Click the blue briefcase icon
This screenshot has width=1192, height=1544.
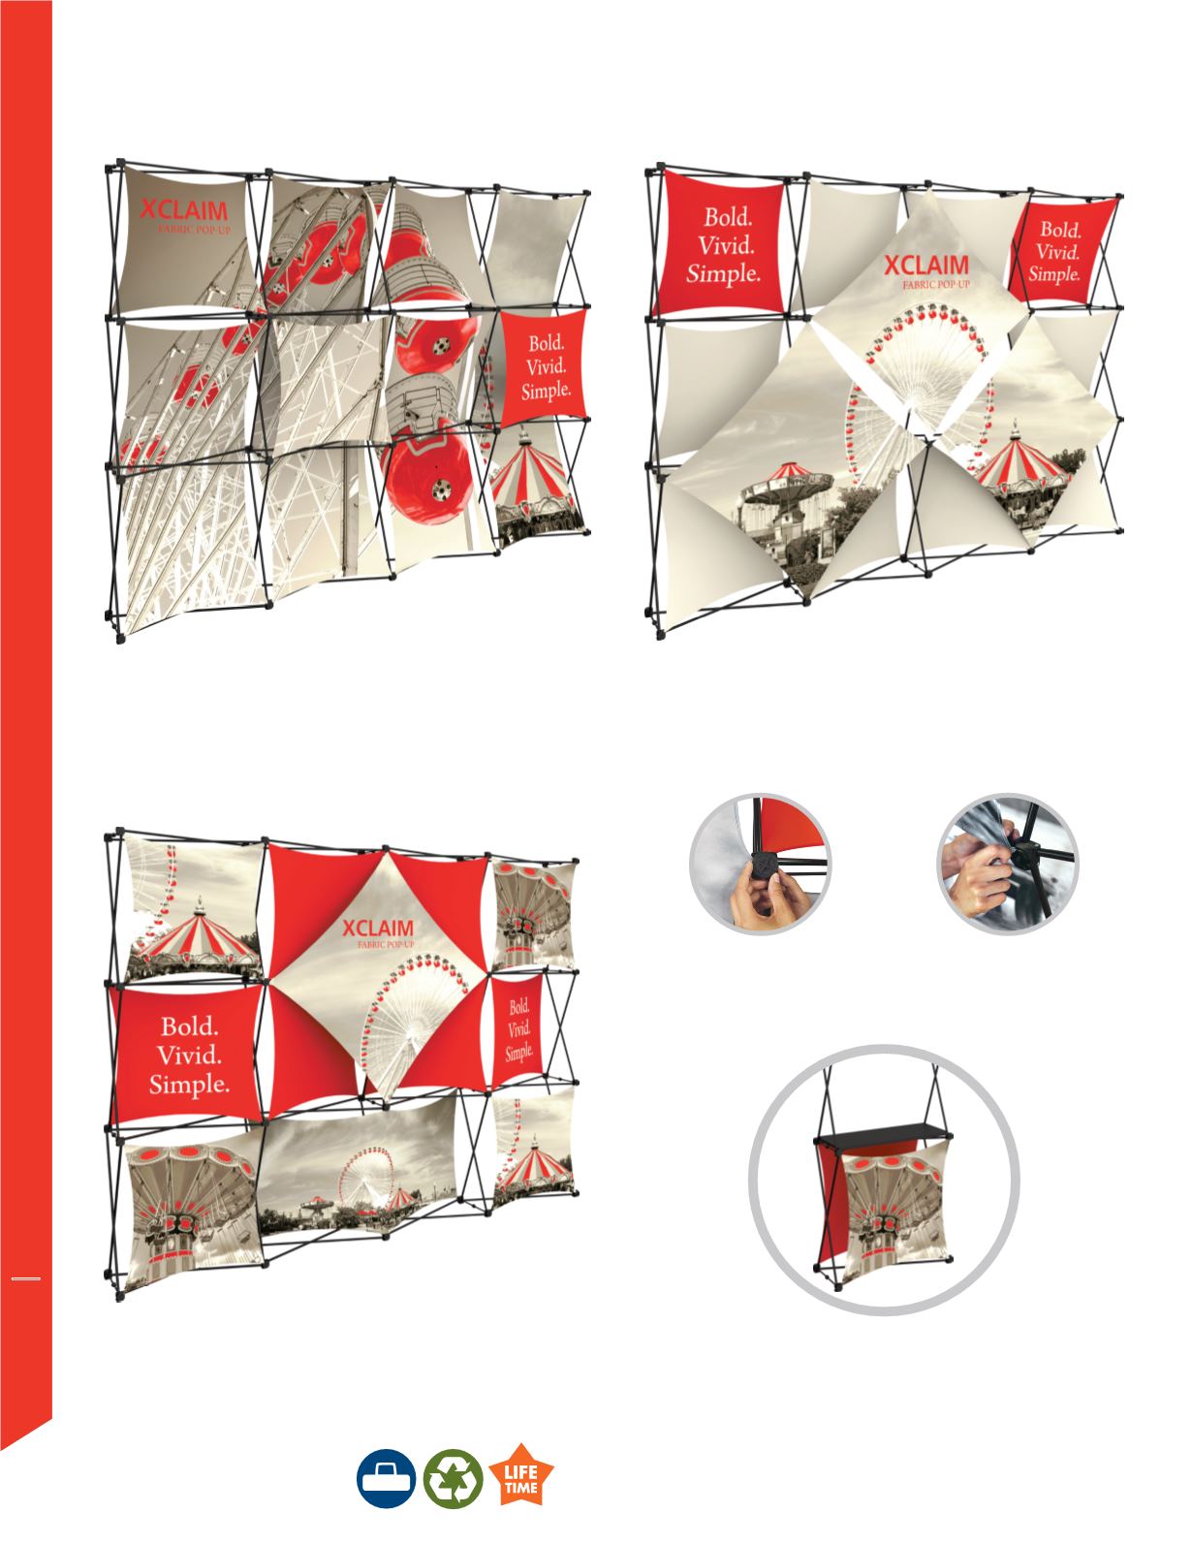(386, 1477)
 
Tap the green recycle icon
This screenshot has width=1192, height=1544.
(453, 1477)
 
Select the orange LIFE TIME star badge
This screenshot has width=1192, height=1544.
(520, 1475)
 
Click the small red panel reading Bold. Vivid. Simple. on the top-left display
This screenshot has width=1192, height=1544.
(545, 367)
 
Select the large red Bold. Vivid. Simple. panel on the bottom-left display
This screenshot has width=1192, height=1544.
(188, 1054)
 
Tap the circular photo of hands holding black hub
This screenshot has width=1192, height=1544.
(760, 864)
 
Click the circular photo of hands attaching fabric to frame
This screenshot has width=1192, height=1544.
(1008, 864)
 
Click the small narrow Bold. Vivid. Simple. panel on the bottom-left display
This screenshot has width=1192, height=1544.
(518, 1031)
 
